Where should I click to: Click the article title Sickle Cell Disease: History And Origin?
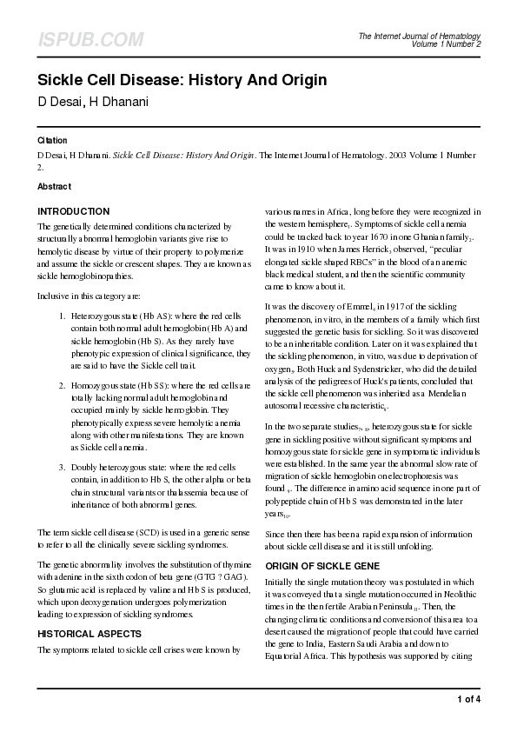click(182, 81)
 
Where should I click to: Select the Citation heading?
click(52, 141)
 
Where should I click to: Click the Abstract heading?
click(54, 187)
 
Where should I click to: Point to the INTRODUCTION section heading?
click(73, 211)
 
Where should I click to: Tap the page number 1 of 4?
click(468, 698)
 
